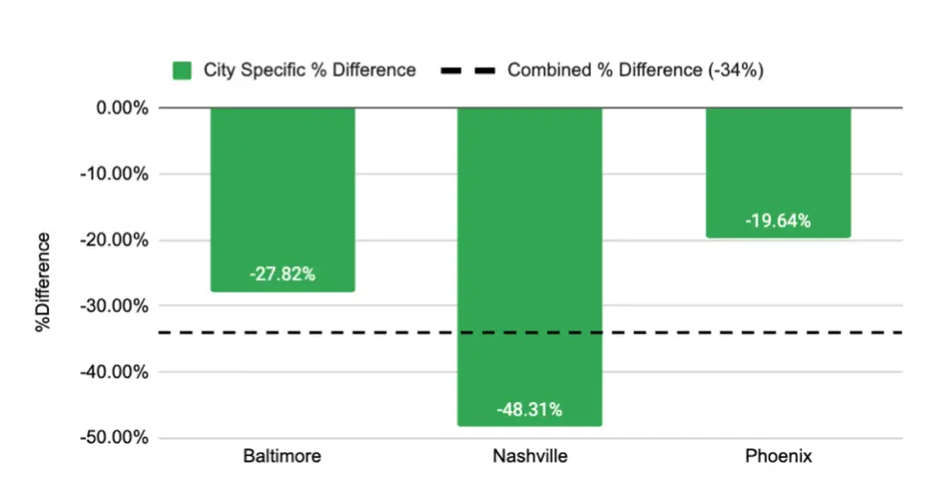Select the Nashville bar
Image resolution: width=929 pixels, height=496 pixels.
pos(530,239)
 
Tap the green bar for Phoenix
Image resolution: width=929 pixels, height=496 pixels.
pos(778,163)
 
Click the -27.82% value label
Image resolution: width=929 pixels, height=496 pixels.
pos(283,275)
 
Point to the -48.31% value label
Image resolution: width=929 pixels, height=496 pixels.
pos(530,410)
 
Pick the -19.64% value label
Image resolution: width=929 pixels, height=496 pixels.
pos(778,221)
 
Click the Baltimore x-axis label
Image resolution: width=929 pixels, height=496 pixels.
pos(282,457)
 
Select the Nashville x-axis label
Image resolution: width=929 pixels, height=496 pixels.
pos(530,457)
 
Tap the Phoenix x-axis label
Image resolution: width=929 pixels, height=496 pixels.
pos(779,457)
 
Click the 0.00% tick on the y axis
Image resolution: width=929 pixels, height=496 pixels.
pos(122,108)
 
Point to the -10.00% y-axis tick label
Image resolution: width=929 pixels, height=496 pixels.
pos(117,174)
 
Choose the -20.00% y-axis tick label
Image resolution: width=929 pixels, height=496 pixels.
pos(117,240)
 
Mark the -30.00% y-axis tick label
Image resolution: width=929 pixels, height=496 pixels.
pos(117,306)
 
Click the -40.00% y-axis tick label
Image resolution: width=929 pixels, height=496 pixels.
pos(117,372)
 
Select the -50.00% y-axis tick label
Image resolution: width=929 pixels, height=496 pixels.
pos(117,439)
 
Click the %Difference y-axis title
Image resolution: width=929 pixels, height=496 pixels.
pos(44,282)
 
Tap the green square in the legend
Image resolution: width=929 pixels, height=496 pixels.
pos(182,70)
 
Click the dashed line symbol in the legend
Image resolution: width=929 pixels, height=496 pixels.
pos(468,70)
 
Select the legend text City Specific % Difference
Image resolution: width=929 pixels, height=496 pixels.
pos(309,70)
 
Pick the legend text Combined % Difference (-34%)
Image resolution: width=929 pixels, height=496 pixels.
pos(635,70)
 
